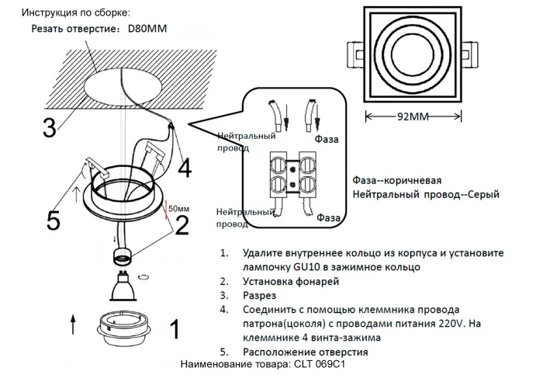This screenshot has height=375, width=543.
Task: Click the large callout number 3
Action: point(49,127)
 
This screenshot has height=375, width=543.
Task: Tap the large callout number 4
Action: point(185,167)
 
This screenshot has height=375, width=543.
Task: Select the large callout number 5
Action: point(53,220)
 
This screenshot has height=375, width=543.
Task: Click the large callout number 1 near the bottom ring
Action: point(175,329)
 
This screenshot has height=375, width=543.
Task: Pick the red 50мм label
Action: point(178,209)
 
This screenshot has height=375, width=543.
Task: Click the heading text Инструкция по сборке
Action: point(75,13)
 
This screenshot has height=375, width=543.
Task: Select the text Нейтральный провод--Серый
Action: point(426,194)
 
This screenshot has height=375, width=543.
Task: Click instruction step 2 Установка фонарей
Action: point(290,280)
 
